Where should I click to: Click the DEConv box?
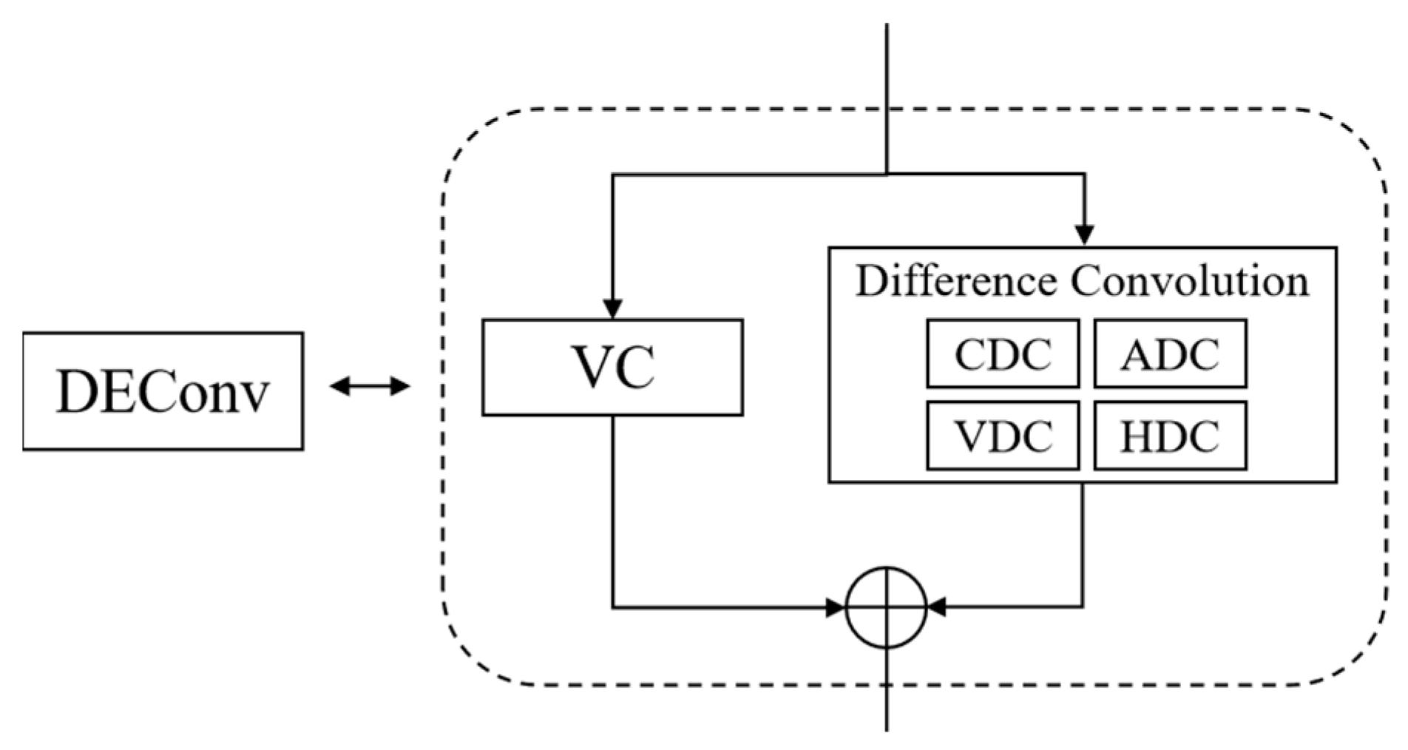(163, 391)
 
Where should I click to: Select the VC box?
(612, 368)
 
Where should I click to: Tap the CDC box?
(1003, 354)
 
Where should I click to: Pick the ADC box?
(1170, 354)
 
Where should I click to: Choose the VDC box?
(1003, 436)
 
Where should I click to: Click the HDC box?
(1170, 436)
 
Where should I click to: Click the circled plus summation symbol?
(886, 608)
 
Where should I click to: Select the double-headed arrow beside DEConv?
(369, 385)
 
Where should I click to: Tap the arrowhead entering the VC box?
(612, 309)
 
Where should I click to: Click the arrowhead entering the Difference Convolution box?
(1084, 235)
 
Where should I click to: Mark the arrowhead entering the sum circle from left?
(836, 608)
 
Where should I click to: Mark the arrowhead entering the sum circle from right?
(936, 608)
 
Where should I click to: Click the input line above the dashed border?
(887, 67)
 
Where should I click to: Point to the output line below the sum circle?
(887, 703)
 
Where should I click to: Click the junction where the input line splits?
(887, 175)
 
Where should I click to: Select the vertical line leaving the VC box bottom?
(612, 510)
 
